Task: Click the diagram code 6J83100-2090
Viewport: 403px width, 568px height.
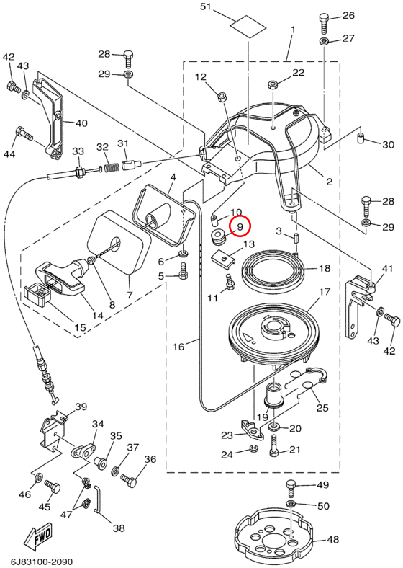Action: tap(39, 562)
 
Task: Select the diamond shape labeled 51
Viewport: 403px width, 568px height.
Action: tap(248, 25)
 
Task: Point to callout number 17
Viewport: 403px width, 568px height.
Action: tap(325, 291)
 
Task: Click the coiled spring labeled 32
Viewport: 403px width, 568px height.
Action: tap(112, 168)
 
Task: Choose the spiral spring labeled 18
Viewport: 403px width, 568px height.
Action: tap(272, 270)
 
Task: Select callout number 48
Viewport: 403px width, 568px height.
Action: tap(332, 539)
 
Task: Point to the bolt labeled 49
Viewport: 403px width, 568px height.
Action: tap(291, 488)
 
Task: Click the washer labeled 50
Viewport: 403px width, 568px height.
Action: tap(291, 504)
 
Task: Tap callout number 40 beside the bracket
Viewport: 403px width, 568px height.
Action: tap(81, 123)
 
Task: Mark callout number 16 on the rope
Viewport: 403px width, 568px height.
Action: tap(178, 347)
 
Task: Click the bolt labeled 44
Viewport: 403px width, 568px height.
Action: tap(24, 134)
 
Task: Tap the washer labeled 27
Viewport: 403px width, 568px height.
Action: tap(324, 41)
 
